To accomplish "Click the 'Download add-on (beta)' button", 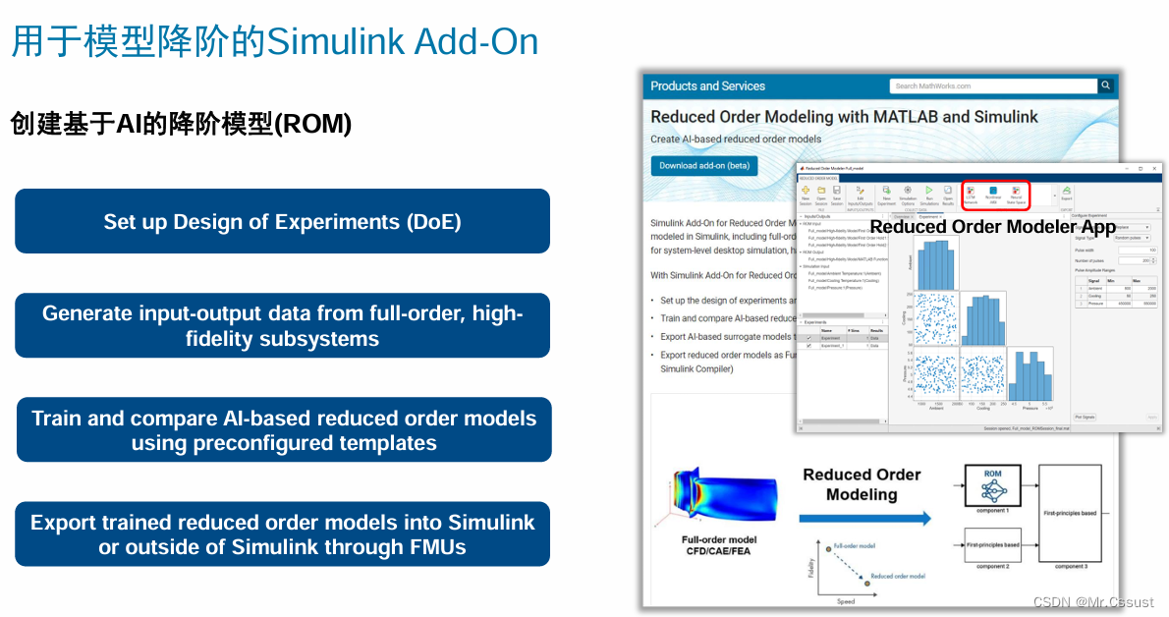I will click(703, 165).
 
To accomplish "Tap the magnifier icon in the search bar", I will click(1106, 85).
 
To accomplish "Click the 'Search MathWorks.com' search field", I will click(992, 85).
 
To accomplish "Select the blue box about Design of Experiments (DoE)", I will click(282, 221).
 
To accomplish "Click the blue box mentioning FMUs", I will click(282, 533).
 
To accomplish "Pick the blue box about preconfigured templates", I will click(283, 429).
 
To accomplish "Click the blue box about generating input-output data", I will click(282, 325).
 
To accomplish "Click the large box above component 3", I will click(1070, 512).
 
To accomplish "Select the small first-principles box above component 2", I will click(992, 543).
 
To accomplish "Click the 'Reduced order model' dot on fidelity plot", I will click(867, 584).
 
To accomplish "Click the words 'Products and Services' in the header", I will click(707, 85).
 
